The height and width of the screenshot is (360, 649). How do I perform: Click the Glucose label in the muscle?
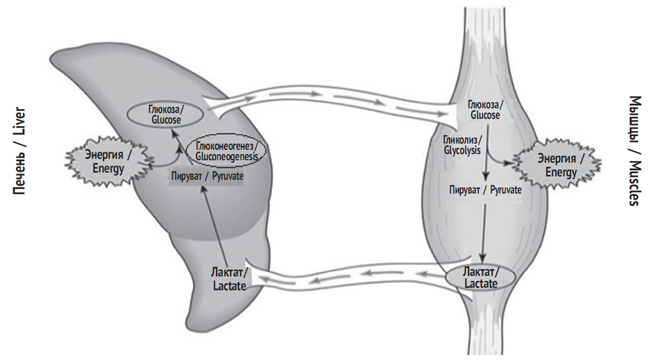[485, 110]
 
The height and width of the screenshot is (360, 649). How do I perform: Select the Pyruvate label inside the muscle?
[485, 190]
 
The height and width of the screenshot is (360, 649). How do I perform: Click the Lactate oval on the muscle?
[480, 278]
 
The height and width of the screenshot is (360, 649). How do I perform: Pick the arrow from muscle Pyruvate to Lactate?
[485, 229]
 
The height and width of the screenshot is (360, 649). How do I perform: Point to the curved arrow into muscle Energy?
[501, 161]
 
